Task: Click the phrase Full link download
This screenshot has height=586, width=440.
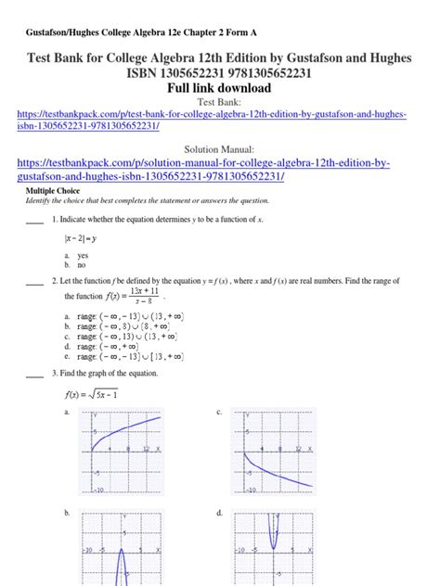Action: [220, 88]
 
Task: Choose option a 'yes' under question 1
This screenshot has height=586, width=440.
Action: [83, 254]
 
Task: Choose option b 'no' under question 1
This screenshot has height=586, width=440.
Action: [81, 263]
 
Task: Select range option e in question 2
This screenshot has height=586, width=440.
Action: [129, 355]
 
